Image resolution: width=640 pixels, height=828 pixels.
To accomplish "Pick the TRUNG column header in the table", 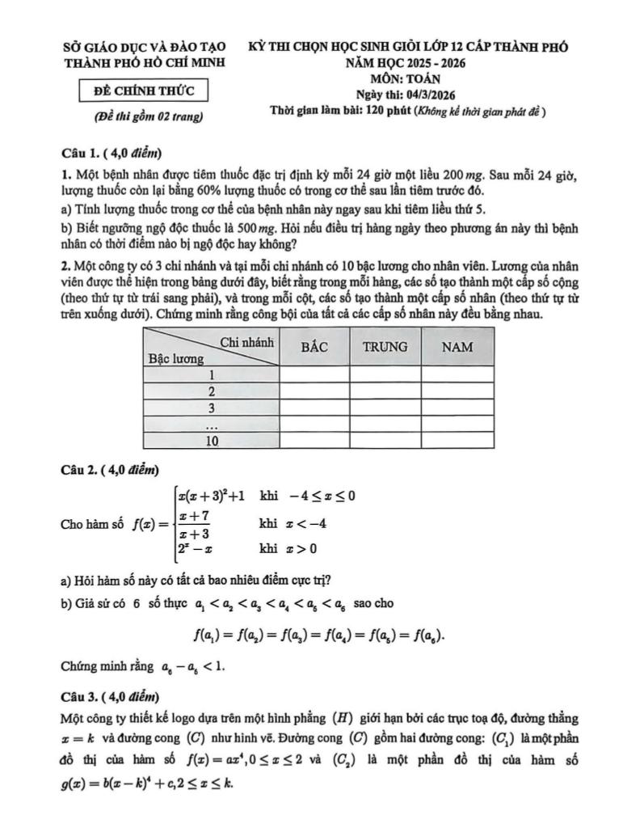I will click(x=385, y=347).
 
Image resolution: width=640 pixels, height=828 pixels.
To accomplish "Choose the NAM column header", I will click(x=456, y=347).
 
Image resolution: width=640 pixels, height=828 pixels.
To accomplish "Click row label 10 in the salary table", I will click(x=212, y=441).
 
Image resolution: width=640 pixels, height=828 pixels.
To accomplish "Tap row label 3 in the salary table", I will click(x=212, y=408).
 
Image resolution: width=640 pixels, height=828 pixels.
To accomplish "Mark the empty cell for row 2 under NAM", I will click(x=456, y=391).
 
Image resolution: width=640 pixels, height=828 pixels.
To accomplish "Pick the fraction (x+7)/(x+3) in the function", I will click(x=195, y=525).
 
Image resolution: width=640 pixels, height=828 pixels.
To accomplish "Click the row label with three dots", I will click(x=212, y=425).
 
